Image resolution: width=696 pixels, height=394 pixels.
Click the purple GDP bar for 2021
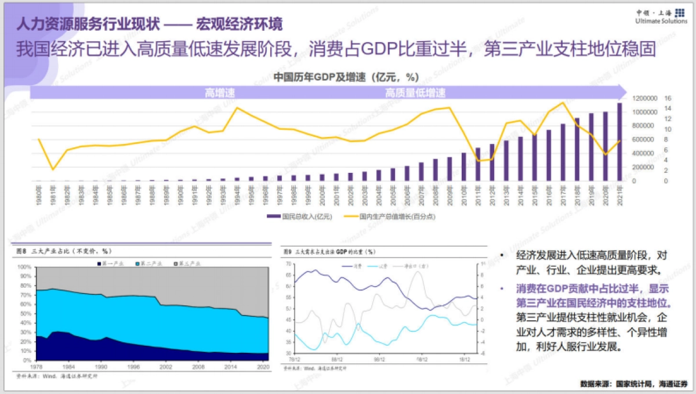coord(619,142)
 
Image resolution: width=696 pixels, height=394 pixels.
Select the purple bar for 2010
coord(464,167)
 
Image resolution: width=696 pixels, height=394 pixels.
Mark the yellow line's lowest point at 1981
coord(53,169)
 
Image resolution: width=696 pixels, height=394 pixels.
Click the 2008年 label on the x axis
coord(435,193)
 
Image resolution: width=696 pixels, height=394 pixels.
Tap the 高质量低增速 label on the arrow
coord(415,93)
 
